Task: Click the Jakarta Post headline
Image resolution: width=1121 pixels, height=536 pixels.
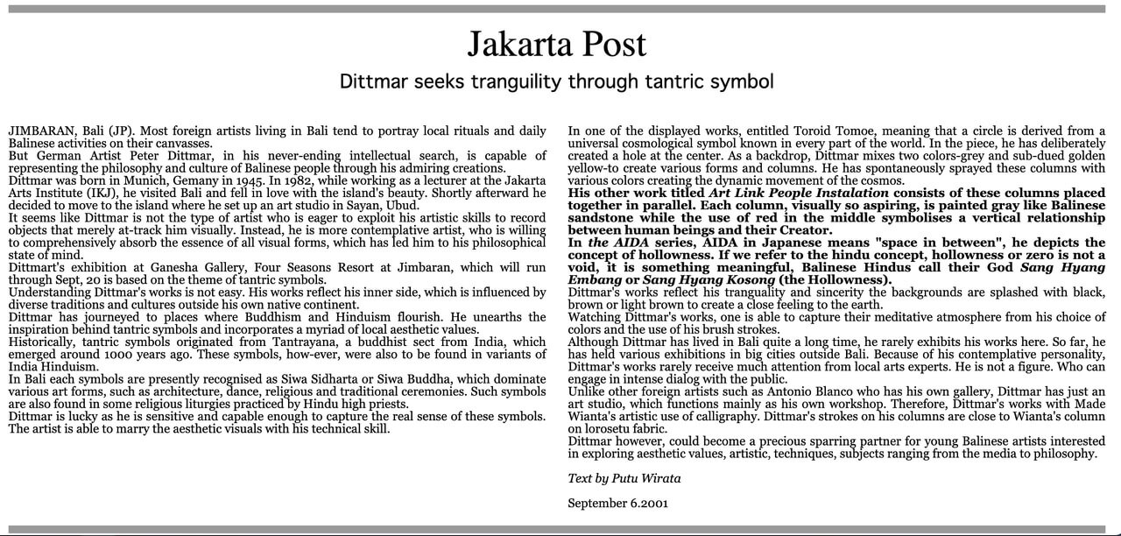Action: (556, 44)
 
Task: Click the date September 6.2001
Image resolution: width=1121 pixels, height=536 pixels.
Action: (617, 504)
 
